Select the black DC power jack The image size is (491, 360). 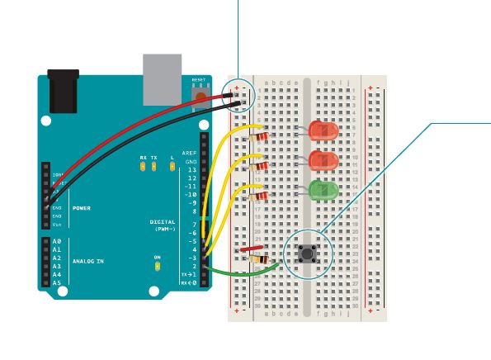coord(63,91)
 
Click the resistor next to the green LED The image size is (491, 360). coord(260,196)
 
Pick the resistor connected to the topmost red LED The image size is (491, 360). coord(260,136)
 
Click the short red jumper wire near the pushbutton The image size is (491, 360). coord(249,247)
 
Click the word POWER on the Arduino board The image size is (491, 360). coord(82,208)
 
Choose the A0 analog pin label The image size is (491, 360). coord(56,240)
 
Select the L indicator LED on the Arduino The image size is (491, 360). coord(172,166)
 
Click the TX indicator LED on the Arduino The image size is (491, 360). coord(154,166)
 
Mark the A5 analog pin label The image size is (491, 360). coord(56,283)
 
